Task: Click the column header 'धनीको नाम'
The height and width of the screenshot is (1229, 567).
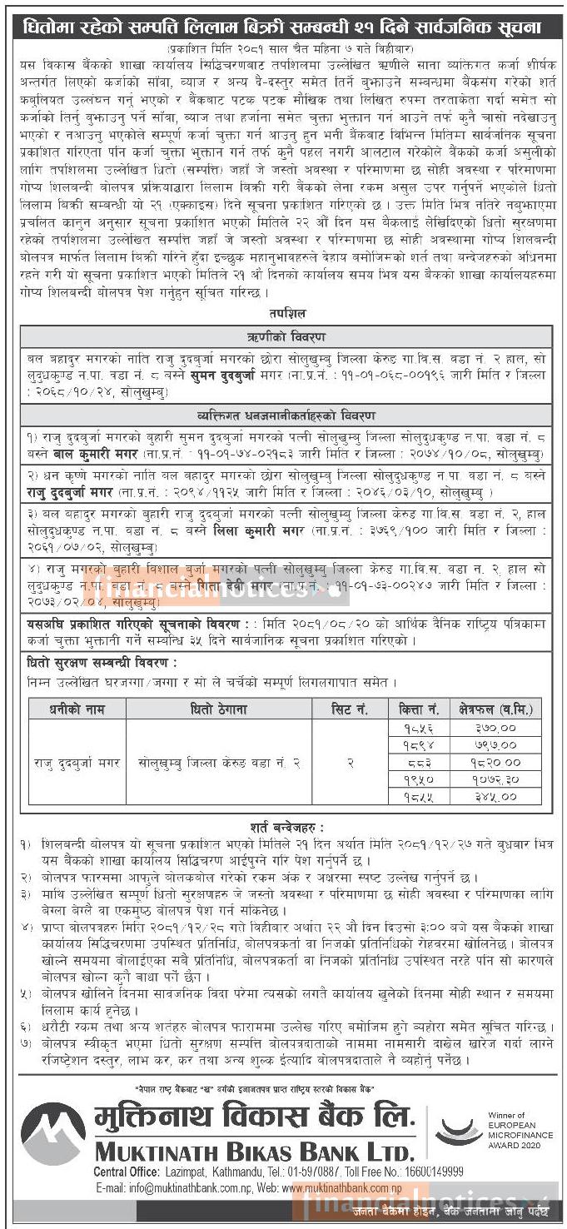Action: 71,709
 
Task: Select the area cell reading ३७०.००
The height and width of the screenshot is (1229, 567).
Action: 495,728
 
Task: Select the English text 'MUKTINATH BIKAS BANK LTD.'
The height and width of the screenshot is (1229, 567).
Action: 254,1152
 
